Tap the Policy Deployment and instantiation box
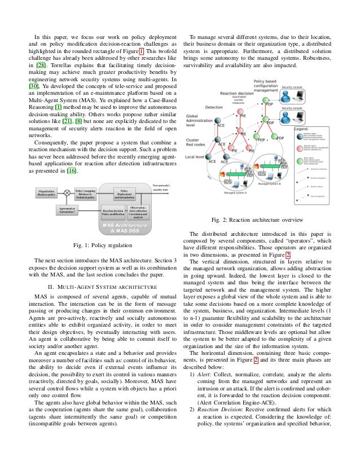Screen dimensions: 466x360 click(125, 194)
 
